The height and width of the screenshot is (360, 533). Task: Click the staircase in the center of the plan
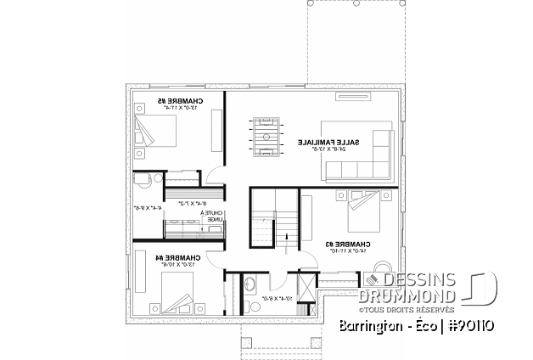tap(272, 219)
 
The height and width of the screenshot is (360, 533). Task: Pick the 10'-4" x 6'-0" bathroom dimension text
tap(272, 299)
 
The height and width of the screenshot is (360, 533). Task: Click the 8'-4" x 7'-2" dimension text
tap(194, 203)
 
